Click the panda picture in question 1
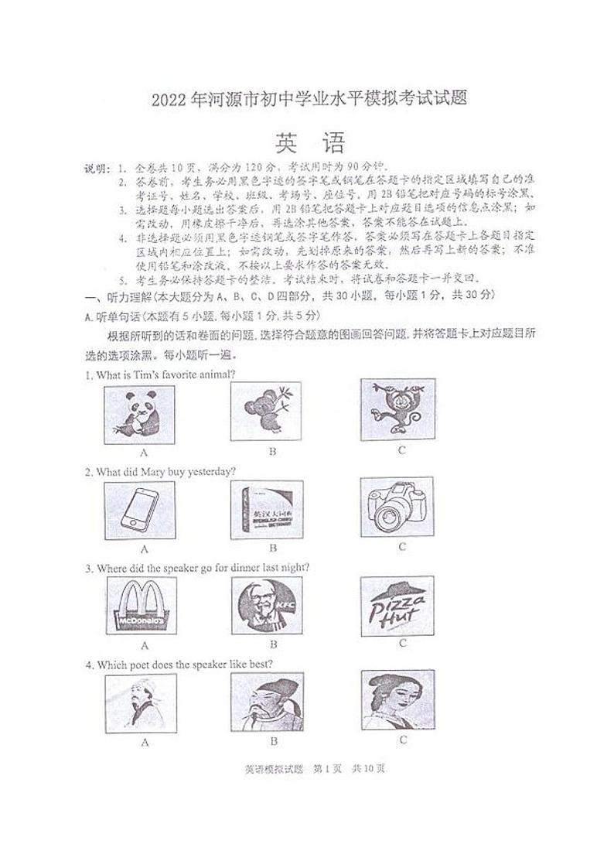[x=140, y=414]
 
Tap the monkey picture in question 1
[x=397, y=409]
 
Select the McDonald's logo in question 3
[x=141, y=606]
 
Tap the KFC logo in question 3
[x=267, y=605]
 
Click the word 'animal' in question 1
[x=215, y=375]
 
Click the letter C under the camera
[x=402, y=547]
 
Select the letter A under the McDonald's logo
[x=145, y=644]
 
